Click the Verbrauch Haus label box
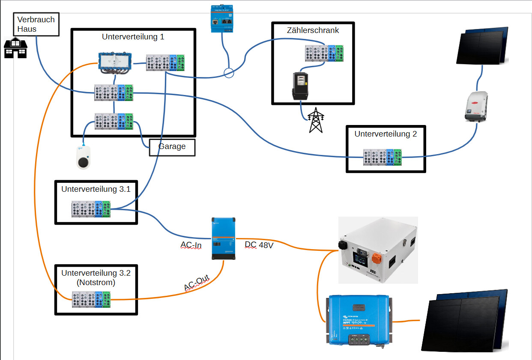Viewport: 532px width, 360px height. pyautogui.click(x=36, y=24)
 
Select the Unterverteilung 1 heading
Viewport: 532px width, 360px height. pyautogui.click(x=133, y=37)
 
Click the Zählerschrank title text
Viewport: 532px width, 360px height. pyautogui.click(x=313, y=30)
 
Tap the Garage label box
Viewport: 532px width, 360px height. pyautogui.click(x=172, y=147)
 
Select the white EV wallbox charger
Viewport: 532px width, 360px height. pyautogui.click(x=84, y=157)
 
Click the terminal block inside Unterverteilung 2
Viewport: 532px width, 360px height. pyautogui.click(x=382, y=157)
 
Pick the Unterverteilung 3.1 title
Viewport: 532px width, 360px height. pyautogui.click(x=96, y=189)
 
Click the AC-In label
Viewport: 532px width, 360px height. pyautogui.click(x=191, y=245)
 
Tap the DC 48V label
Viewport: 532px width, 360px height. pyautogui.click(x=259, y=245)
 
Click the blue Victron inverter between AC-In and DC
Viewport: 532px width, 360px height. pyautogui.click(x=223, y=238)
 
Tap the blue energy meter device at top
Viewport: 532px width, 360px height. pyautogui.click(x=222, y=19)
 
